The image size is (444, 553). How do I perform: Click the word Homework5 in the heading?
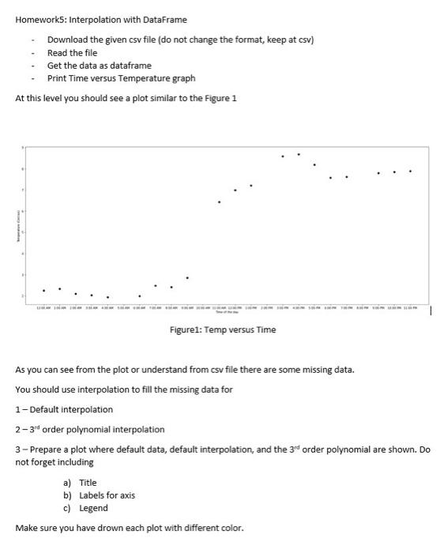click(41, 19)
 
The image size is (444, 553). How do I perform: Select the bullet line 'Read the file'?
click(72, 52)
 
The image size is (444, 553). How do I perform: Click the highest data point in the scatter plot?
click(299, 154)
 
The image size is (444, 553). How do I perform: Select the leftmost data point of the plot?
click(43, 290)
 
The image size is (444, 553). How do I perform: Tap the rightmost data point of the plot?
click(410, 171)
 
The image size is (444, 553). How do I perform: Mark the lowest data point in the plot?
click(107, 298)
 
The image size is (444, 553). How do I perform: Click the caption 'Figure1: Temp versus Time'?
click(223, 329)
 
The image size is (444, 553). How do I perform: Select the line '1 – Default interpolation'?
click(64, 409)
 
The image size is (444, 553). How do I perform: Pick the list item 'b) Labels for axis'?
click(99, 495)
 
